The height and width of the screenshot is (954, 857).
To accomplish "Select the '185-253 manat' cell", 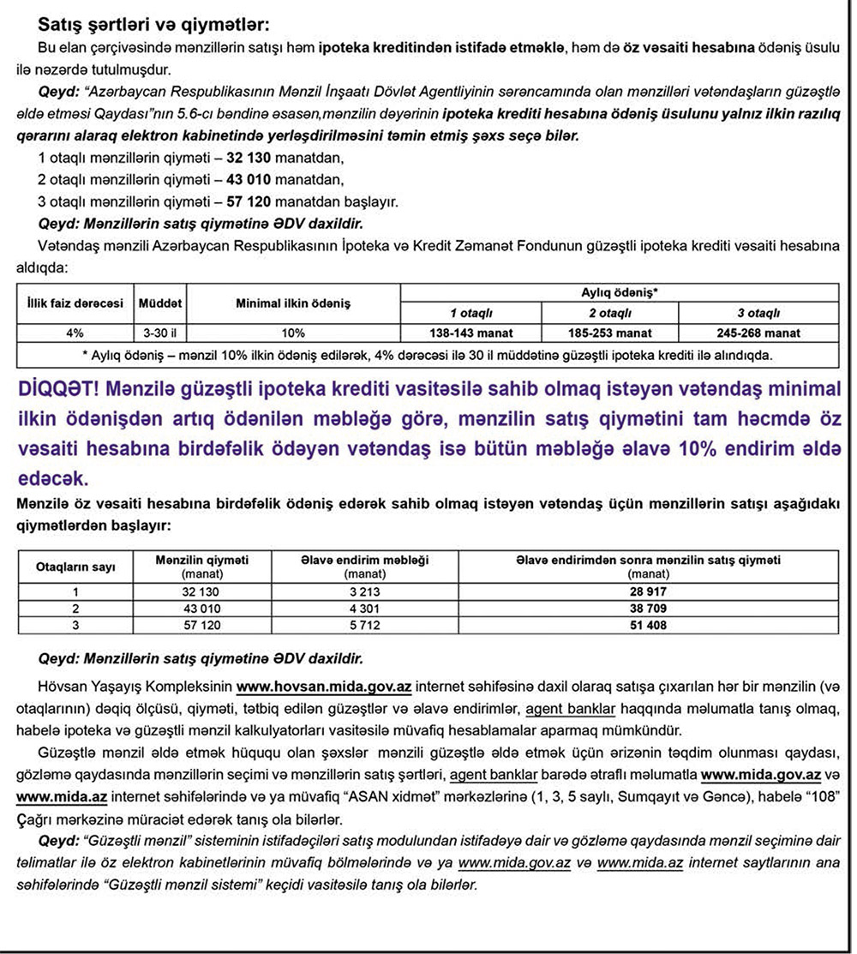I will coord(609,333).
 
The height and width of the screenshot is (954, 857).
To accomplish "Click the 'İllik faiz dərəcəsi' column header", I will coord(74,303).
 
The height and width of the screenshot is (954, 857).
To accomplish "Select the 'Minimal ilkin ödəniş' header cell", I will coord(294,303).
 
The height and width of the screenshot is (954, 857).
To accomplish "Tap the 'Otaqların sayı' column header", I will coord(75,567).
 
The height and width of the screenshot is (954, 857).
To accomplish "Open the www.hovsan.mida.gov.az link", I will coord(326,687).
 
